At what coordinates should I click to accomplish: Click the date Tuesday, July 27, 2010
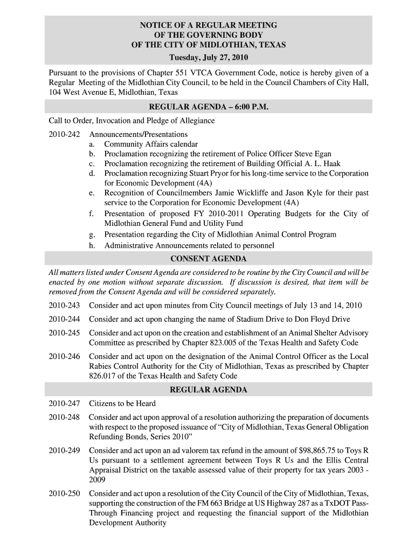(x=208, y=57)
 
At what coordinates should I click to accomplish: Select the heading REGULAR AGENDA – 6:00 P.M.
(x=208, y=107)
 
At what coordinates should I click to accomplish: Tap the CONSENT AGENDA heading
(x=208, y=259)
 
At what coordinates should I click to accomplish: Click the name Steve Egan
(x=313, y=154)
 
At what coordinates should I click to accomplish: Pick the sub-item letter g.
(x=92, y=235)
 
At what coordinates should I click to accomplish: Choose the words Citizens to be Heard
(x=122, y=403)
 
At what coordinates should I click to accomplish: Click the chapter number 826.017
(x=106, y=376)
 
